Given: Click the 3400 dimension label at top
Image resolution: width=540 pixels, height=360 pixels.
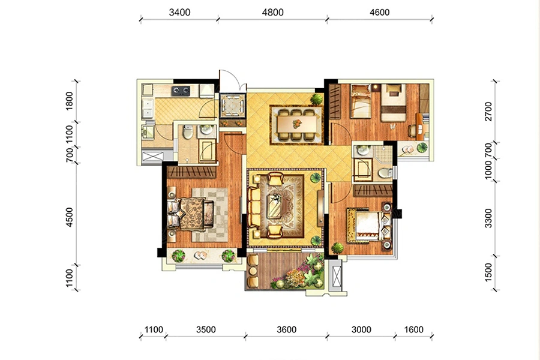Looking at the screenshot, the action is pos(180,13).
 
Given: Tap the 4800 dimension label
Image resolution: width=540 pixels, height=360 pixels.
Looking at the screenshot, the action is pos(273,13).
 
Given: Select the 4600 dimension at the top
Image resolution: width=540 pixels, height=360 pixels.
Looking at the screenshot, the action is pos(380,13).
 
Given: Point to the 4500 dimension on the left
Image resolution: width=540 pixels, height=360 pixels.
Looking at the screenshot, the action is pos(70,217).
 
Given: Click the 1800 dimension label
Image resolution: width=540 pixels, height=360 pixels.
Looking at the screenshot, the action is pos(70,101).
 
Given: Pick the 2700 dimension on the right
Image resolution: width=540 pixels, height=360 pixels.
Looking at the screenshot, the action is pos(488,111).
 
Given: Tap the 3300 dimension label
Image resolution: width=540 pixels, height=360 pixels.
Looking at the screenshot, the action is pos(488,218).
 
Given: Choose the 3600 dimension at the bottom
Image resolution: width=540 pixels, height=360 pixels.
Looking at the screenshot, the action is pos(287,329).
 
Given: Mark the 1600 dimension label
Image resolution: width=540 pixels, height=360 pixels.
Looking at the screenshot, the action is pos(413,329).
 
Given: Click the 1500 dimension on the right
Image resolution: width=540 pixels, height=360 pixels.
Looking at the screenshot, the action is pos(488,272).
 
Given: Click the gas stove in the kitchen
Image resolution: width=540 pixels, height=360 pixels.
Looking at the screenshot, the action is pos(181,91).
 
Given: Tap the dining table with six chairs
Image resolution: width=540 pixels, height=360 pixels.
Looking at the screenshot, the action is pos(296,124).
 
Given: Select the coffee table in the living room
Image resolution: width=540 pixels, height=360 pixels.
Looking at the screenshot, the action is pos(275,206).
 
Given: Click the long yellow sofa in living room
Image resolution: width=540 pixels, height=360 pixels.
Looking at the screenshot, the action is pos(254,206).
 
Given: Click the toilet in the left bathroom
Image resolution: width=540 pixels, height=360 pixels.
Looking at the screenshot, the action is pos(188,132).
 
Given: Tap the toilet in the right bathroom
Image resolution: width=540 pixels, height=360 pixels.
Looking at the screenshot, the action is pos(385,173).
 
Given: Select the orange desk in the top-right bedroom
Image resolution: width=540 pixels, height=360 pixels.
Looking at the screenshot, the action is pos(419,127).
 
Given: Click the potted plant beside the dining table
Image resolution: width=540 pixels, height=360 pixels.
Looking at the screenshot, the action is pos(316,99).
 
